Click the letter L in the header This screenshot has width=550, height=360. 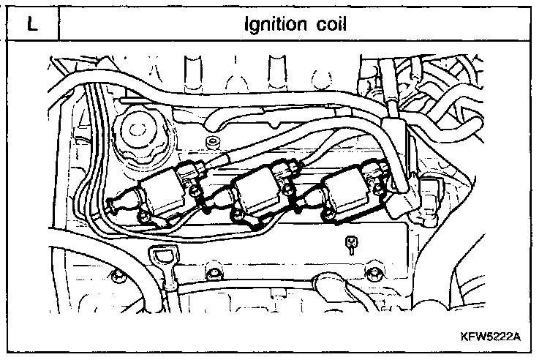click(x=30, y=24)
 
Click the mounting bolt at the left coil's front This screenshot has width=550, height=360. click(x=145, y=217)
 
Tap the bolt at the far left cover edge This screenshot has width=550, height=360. click(x=115, y=277)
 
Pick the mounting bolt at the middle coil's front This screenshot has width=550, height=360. click(x=236, y=214)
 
